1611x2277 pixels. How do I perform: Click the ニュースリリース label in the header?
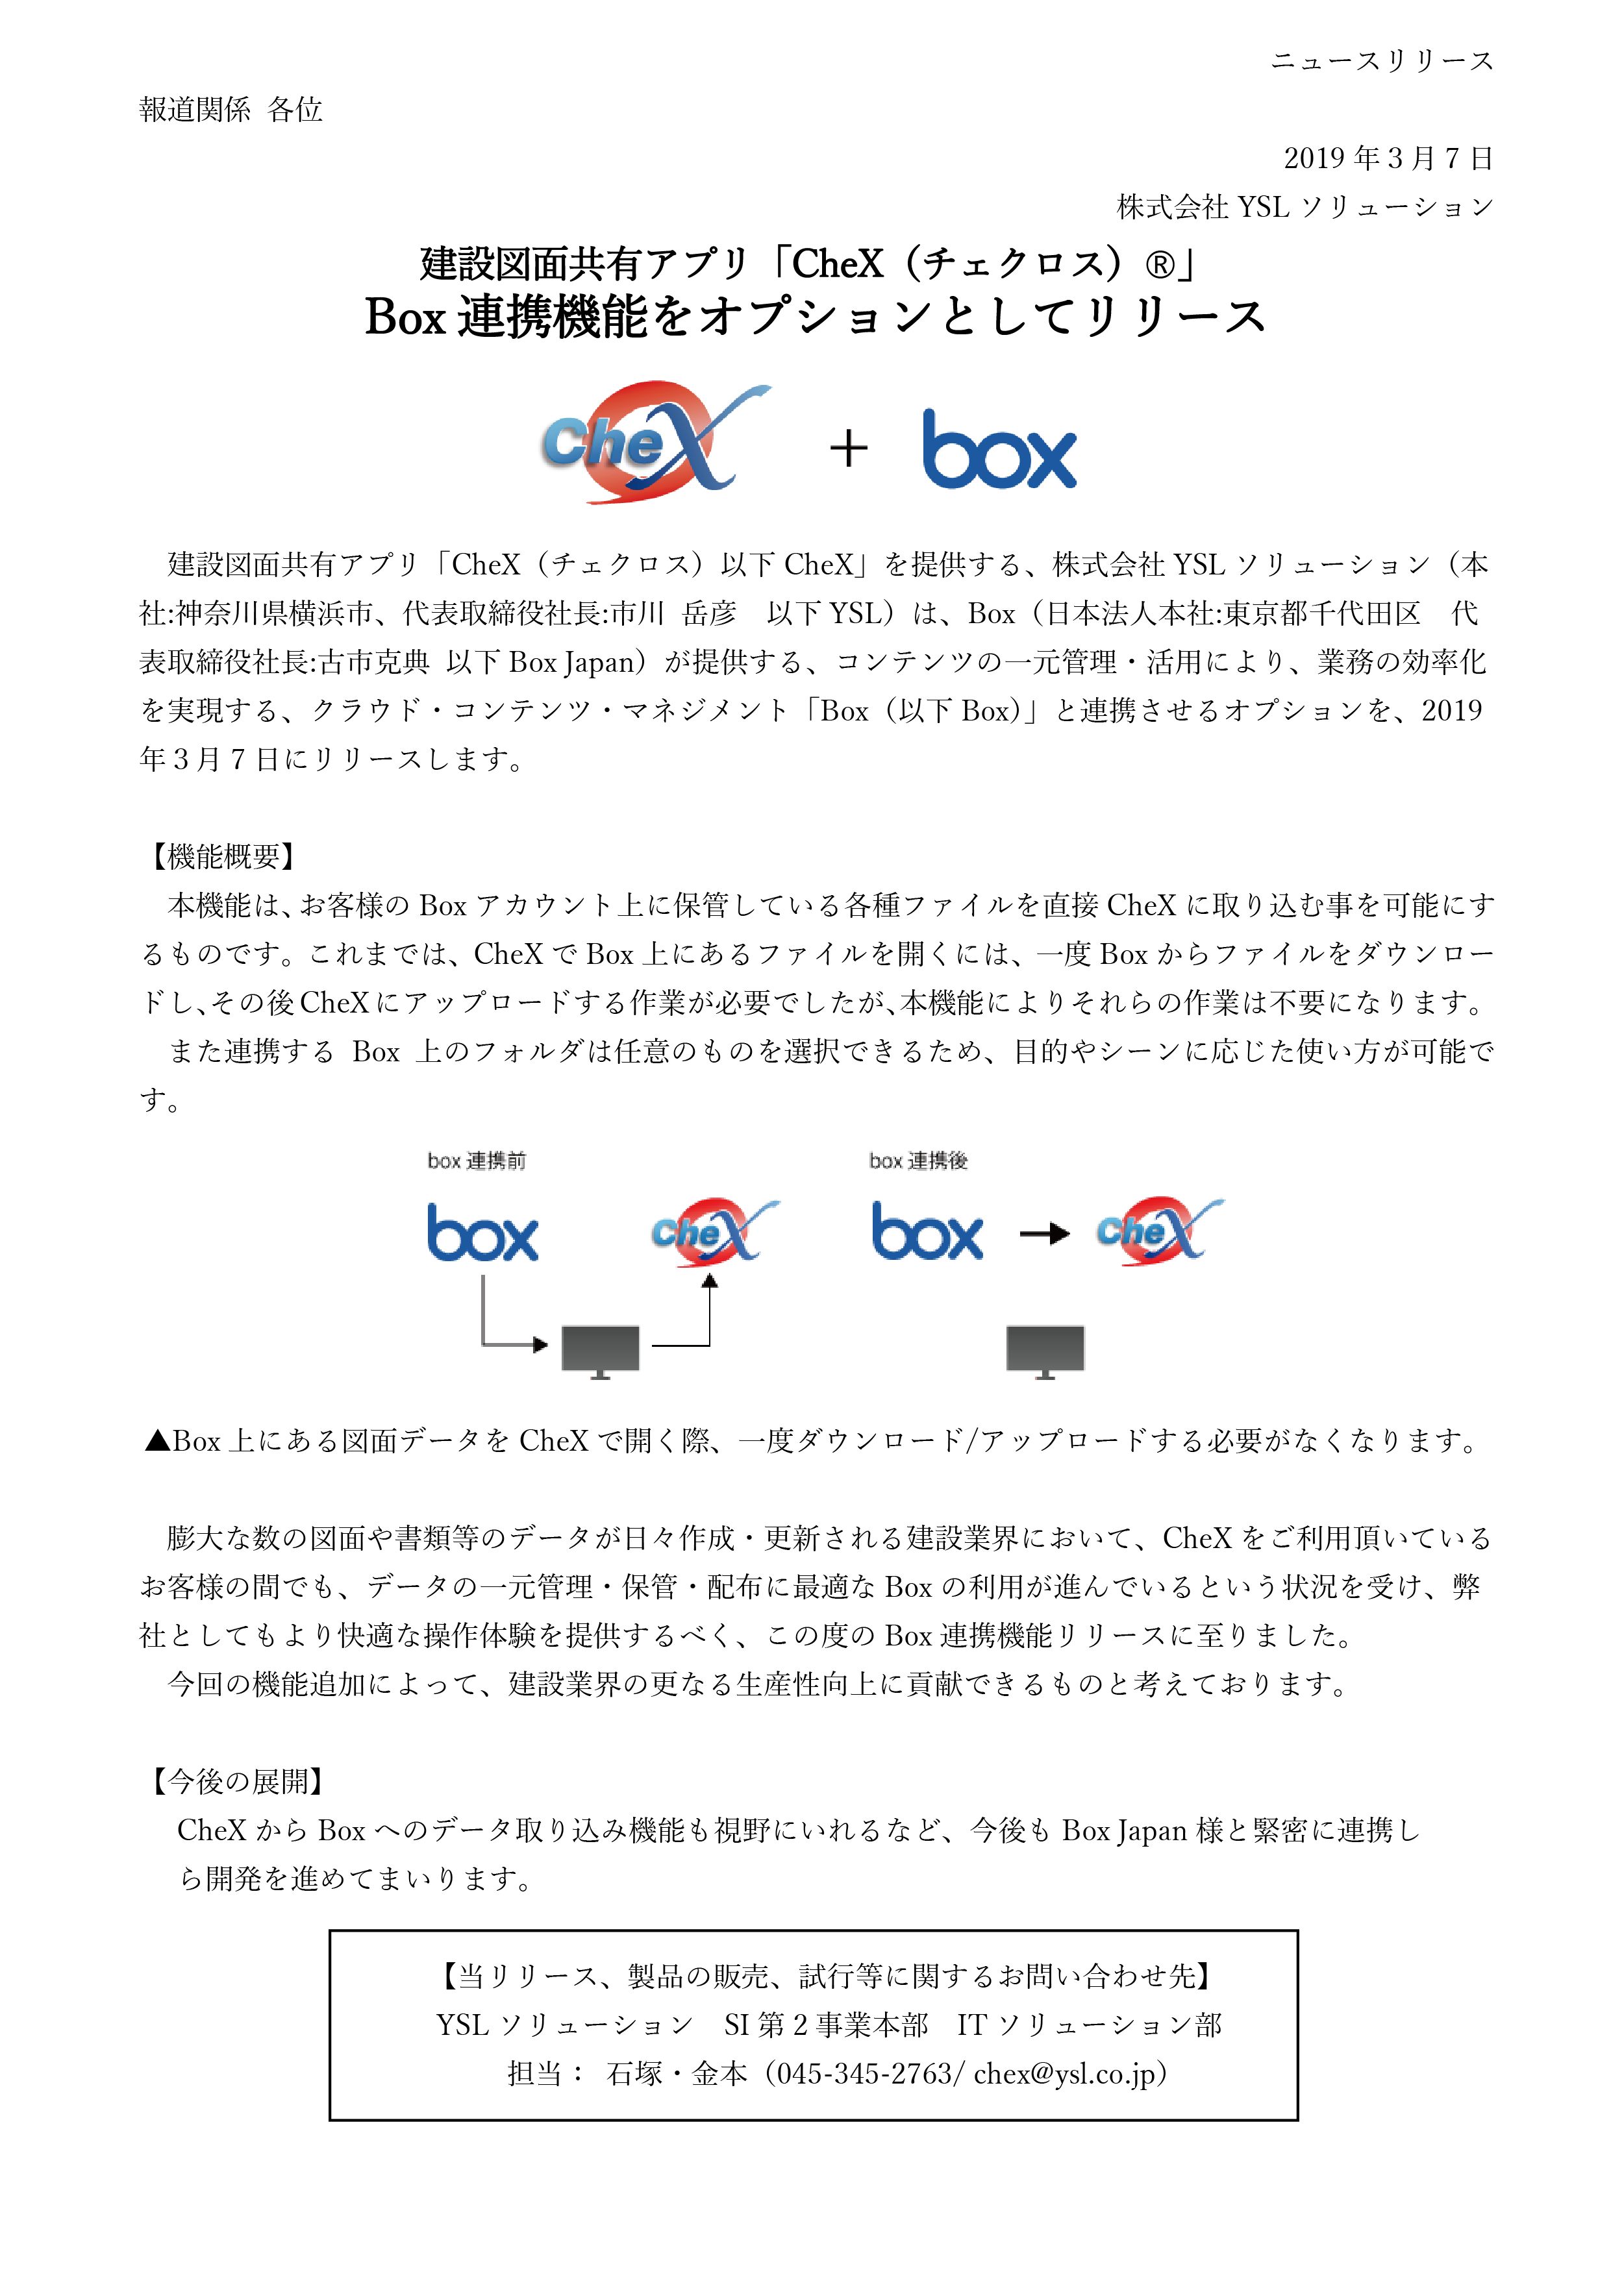click(1381, 62)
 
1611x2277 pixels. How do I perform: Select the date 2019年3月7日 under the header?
click(1388, 158)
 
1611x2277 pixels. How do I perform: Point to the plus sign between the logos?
click(848, 449)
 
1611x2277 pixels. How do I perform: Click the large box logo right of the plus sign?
click(999, 450)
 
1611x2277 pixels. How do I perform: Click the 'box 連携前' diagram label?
click(476, 1161)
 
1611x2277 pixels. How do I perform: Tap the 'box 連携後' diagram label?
click(918, 1161)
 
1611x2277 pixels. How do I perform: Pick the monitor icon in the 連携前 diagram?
click(600, 1349)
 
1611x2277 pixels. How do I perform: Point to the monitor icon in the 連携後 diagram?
click(1045, 1349)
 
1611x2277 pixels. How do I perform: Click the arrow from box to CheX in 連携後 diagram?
click(1045, 1234)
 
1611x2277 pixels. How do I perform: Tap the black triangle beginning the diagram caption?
click(156, 1441)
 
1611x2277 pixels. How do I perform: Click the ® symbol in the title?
click(1158, 265)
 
